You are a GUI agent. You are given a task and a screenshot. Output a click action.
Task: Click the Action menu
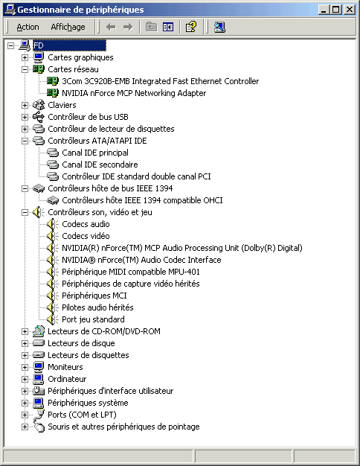coord(28,27)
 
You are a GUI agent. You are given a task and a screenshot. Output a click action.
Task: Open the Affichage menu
coord(68,27)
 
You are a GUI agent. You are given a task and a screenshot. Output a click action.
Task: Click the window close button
coord(350,10)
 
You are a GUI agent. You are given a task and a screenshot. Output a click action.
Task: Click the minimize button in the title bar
coord(324,10)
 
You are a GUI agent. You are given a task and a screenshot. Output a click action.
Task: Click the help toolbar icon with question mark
coord(190,27)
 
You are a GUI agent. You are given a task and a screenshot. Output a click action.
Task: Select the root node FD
coord(39,45)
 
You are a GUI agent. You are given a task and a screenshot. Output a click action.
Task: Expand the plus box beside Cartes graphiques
coord(25,57)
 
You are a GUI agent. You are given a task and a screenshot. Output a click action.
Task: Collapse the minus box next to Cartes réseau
coord(25,69)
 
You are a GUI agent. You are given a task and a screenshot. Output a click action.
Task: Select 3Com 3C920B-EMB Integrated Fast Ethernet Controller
coord(161,81)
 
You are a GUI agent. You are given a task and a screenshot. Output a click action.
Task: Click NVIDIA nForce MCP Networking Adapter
coord(134,93)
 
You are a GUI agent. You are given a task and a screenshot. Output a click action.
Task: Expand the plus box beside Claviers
coord(25,105)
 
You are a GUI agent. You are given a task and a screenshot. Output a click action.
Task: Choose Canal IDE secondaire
coord(100,165)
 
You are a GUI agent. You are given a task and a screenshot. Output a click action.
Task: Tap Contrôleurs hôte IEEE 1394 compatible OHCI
coord(142,200)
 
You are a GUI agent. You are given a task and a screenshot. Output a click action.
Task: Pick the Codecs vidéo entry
coord(86,236)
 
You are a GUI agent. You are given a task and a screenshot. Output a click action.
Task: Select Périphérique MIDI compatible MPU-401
coord(131,272)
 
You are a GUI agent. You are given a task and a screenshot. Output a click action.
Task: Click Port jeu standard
coord(93,319)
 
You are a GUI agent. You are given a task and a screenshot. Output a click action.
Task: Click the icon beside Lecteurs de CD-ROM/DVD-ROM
coord(39,331)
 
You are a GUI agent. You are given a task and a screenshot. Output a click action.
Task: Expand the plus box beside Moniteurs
coord(25,367)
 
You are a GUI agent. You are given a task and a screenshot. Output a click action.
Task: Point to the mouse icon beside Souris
coord(39,427)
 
